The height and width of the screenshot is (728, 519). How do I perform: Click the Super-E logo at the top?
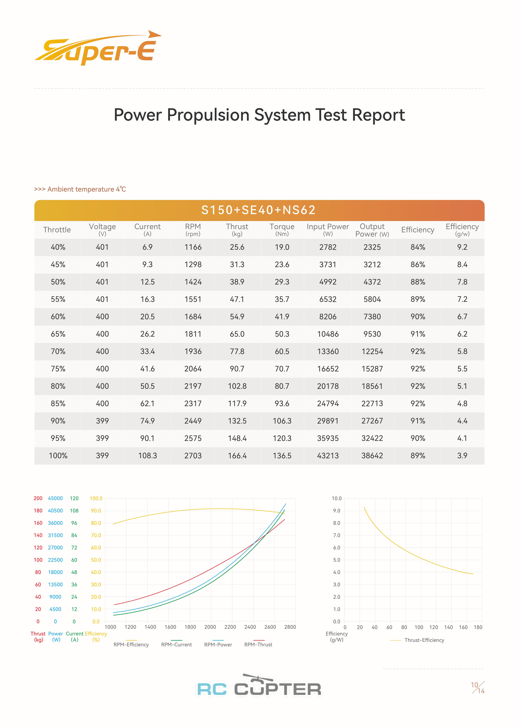(x=97, y=49)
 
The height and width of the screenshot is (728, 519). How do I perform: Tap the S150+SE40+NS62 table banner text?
(x=259, y=210)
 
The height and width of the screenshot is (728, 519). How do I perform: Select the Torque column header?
(x=282, y=229)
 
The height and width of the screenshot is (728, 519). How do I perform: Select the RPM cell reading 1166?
(x=193, y=247)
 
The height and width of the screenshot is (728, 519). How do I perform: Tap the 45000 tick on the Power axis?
(x=55, y=498)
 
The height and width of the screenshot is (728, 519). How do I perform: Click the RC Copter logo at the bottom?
(x=259, y=687)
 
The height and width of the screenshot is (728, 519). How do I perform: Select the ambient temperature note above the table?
(x=80, y=189)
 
